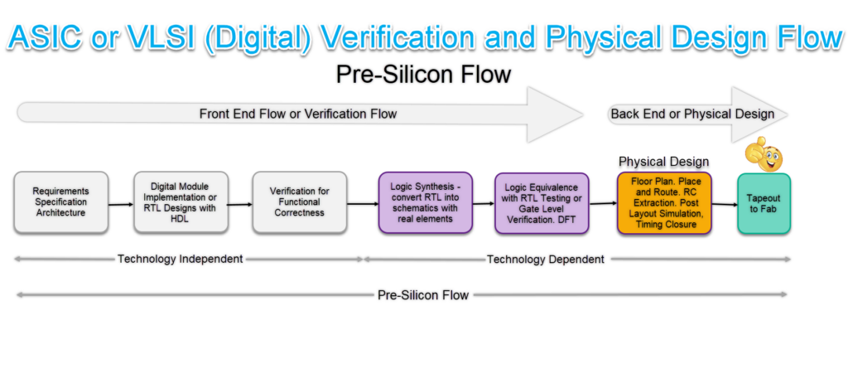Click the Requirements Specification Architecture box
tap(60, 202)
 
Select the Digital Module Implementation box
tap(180, 202)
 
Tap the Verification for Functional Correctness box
tap(299, 202)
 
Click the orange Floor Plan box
tap(664, 202)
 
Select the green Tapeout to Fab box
tap(764, 203)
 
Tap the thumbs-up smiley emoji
tap(764, 154)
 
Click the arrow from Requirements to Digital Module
tap(120, 203)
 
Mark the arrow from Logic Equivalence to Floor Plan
tap(603, 203)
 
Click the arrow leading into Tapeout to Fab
tap(724, 204)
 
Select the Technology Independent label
tap(180, 259)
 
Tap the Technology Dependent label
tap(545, 260)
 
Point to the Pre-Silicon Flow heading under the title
tap(423, 75)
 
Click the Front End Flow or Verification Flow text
tap(298, 114)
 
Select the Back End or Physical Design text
tap(692, 114)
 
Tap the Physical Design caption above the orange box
tap(664, 160)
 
